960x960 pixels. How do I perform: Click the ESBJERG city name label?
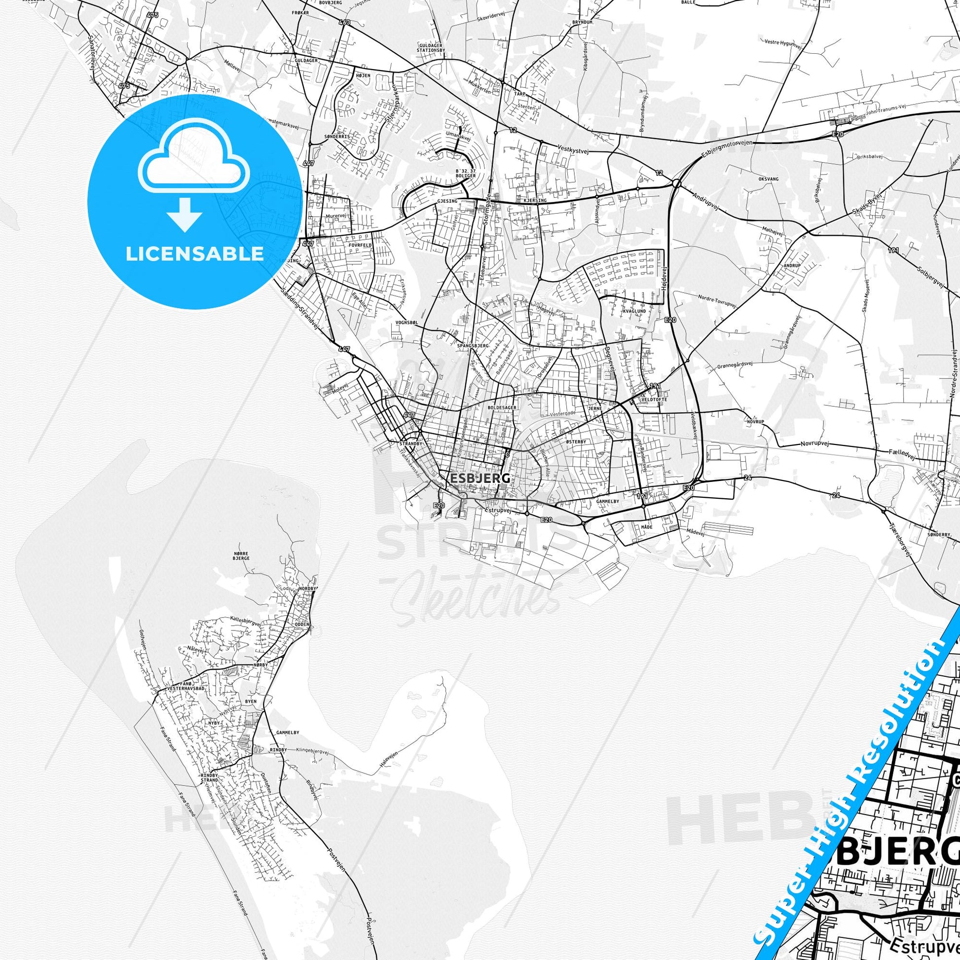[480, 478]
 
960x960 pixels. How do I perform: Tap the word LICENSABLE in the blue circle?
[194, 254]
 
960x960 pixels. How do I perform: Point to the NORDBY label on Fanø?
[308, 588]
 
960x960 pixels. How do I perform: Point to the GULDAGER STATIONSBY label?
[431, 48]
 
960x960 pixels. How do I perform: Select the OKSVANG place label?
[768, 179]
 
